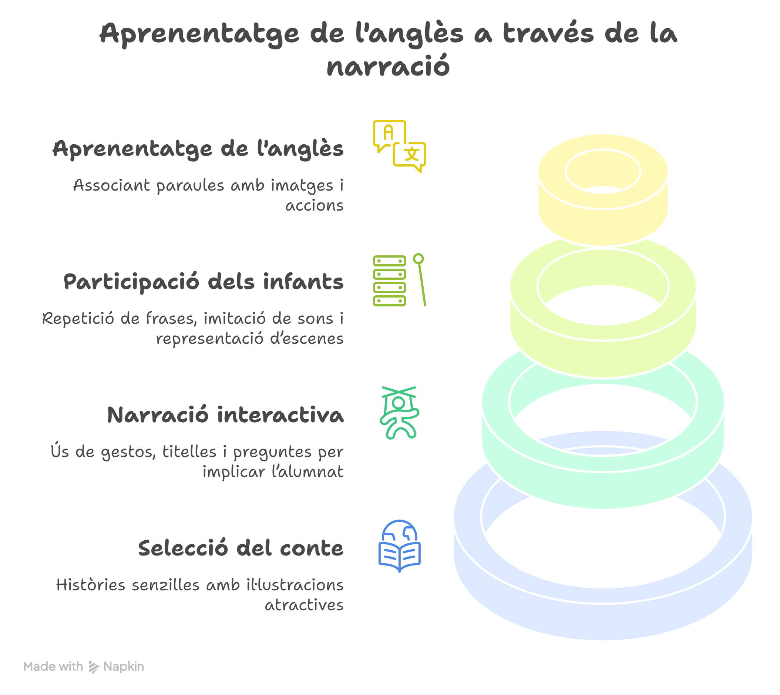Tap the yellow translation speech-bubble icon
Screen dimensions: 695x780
click(399, 146)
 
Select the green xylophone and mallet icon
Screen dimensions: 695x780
click(399, 280)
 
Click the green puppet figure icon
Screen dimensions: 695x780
click(399, 413)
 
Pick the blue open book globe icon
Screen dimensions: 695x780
click(399, 546)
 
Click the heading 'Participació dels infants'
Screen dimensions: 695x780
click(203, 282)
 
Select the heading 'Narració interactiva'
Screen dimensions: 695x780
click(225, 415)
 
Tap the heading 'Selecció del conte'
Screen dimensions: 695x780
click(241, 548)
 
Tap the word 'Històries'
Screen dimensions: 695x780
click(91, 585)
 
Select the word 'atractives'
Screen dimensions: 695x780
click(304, 605)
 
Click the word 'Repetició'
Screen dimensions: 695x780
click(78, 318)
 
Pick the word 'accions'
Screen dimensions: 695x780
click(314, 205)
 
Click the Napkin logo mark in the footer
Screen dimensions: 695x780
click(94, 667)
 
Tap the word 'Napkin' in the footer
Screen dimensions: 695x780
click(124, 667)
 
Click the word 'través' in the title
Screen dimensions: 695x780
click(548, 33)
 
